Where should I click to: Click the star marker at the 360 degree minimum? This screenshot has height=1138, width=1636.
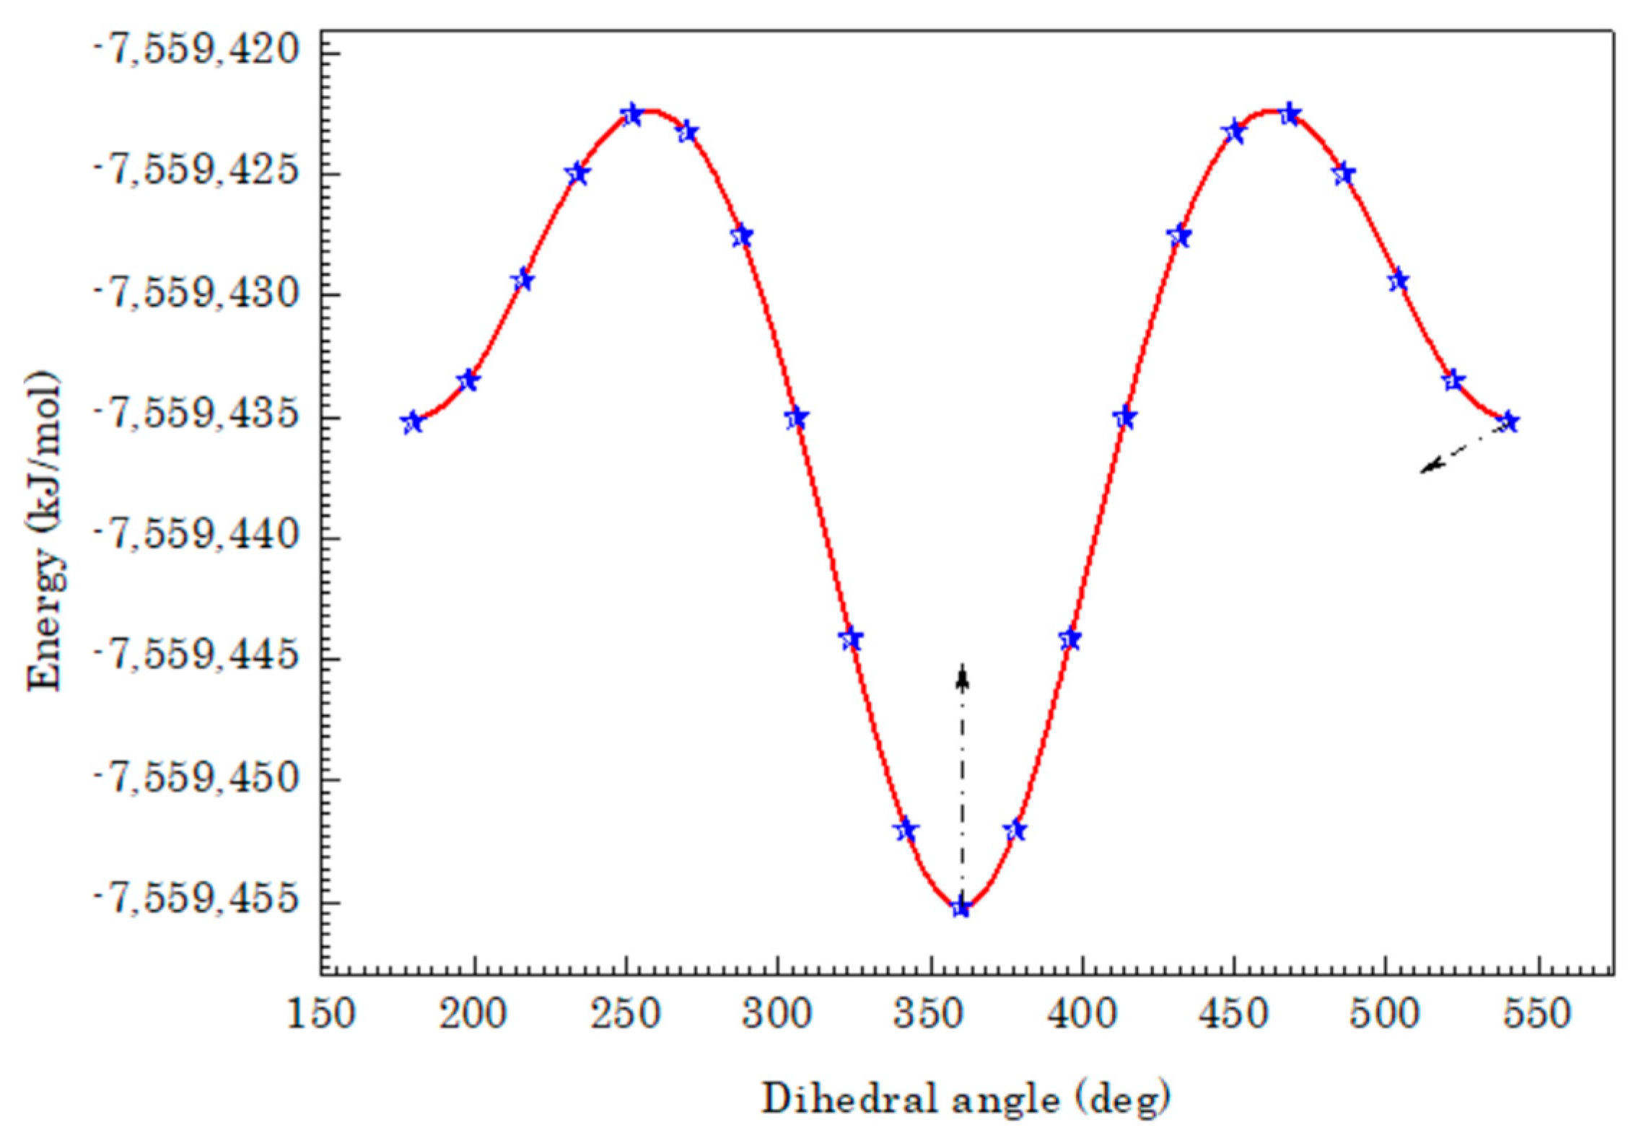point(961,908)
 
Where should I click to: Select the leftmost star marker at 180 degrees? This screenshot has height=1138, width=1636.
point(412,423)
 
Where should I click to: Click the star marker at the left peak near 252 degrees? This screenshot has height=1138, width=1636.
point(631,114)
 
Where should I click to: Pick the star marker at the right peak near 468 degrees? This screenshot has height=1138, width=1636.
point(1290,114)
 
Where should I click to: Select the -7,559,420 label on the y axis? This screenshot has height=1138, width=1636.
point(197,51)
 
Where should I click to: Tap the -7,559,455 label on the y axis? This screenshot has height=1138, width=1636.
point(197,902)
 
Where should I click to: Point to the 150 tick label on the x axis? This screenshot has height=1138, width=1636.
point(321,1014)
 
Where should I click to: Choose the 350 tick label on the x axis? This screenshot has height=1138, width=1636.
point(930,1014)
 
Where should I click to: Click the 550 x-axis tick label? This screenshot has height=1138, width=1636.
point(1538,1014)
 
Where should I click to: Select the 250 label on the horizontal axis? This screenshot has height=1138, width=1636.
point(626,1014)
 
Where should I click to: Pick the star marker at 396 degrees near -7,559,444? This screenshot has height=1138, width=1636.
point(1070,639)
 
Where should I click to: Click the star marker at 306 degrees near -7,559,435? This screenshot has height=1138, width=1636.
point(796,418)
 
